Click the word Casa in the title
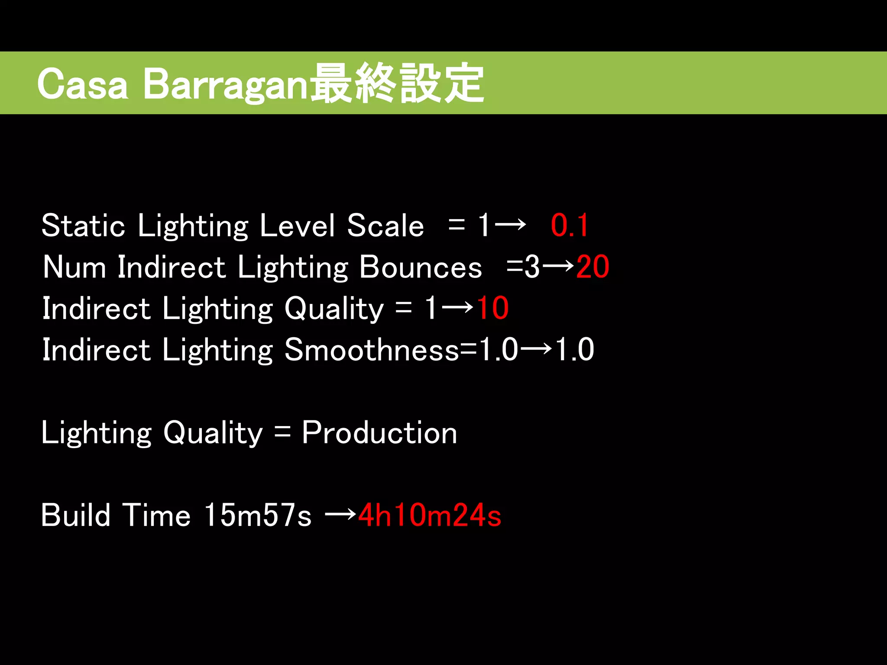pyautogui.click(x=82, y=84)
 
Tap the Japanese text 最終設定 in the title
pyautogui.click(x=398, y=83)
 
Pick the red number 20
pyautogui.click(x=592, y=267)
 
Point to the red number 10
pyautogui.click(x=492, y=308)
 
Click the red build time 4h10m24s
pyautogui.click(x=430, y=515)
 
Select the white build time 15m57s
pyautogui.click(x=258, y=515)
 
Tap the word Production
pyautogui.click(x=379, y=433)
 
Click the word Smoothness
pyautogui.click(x=372, y=349)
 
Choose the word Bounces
pyautogui.click(x=421, y=267)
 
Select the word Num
pyautogui.click(x=74, y=267)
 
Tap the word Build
pyautogui.click(x=76, y=515)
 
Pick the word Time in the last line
pyautogui.click(x=156, y=515)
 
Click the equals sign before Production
pyautogui.click(x=282, y=432)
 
